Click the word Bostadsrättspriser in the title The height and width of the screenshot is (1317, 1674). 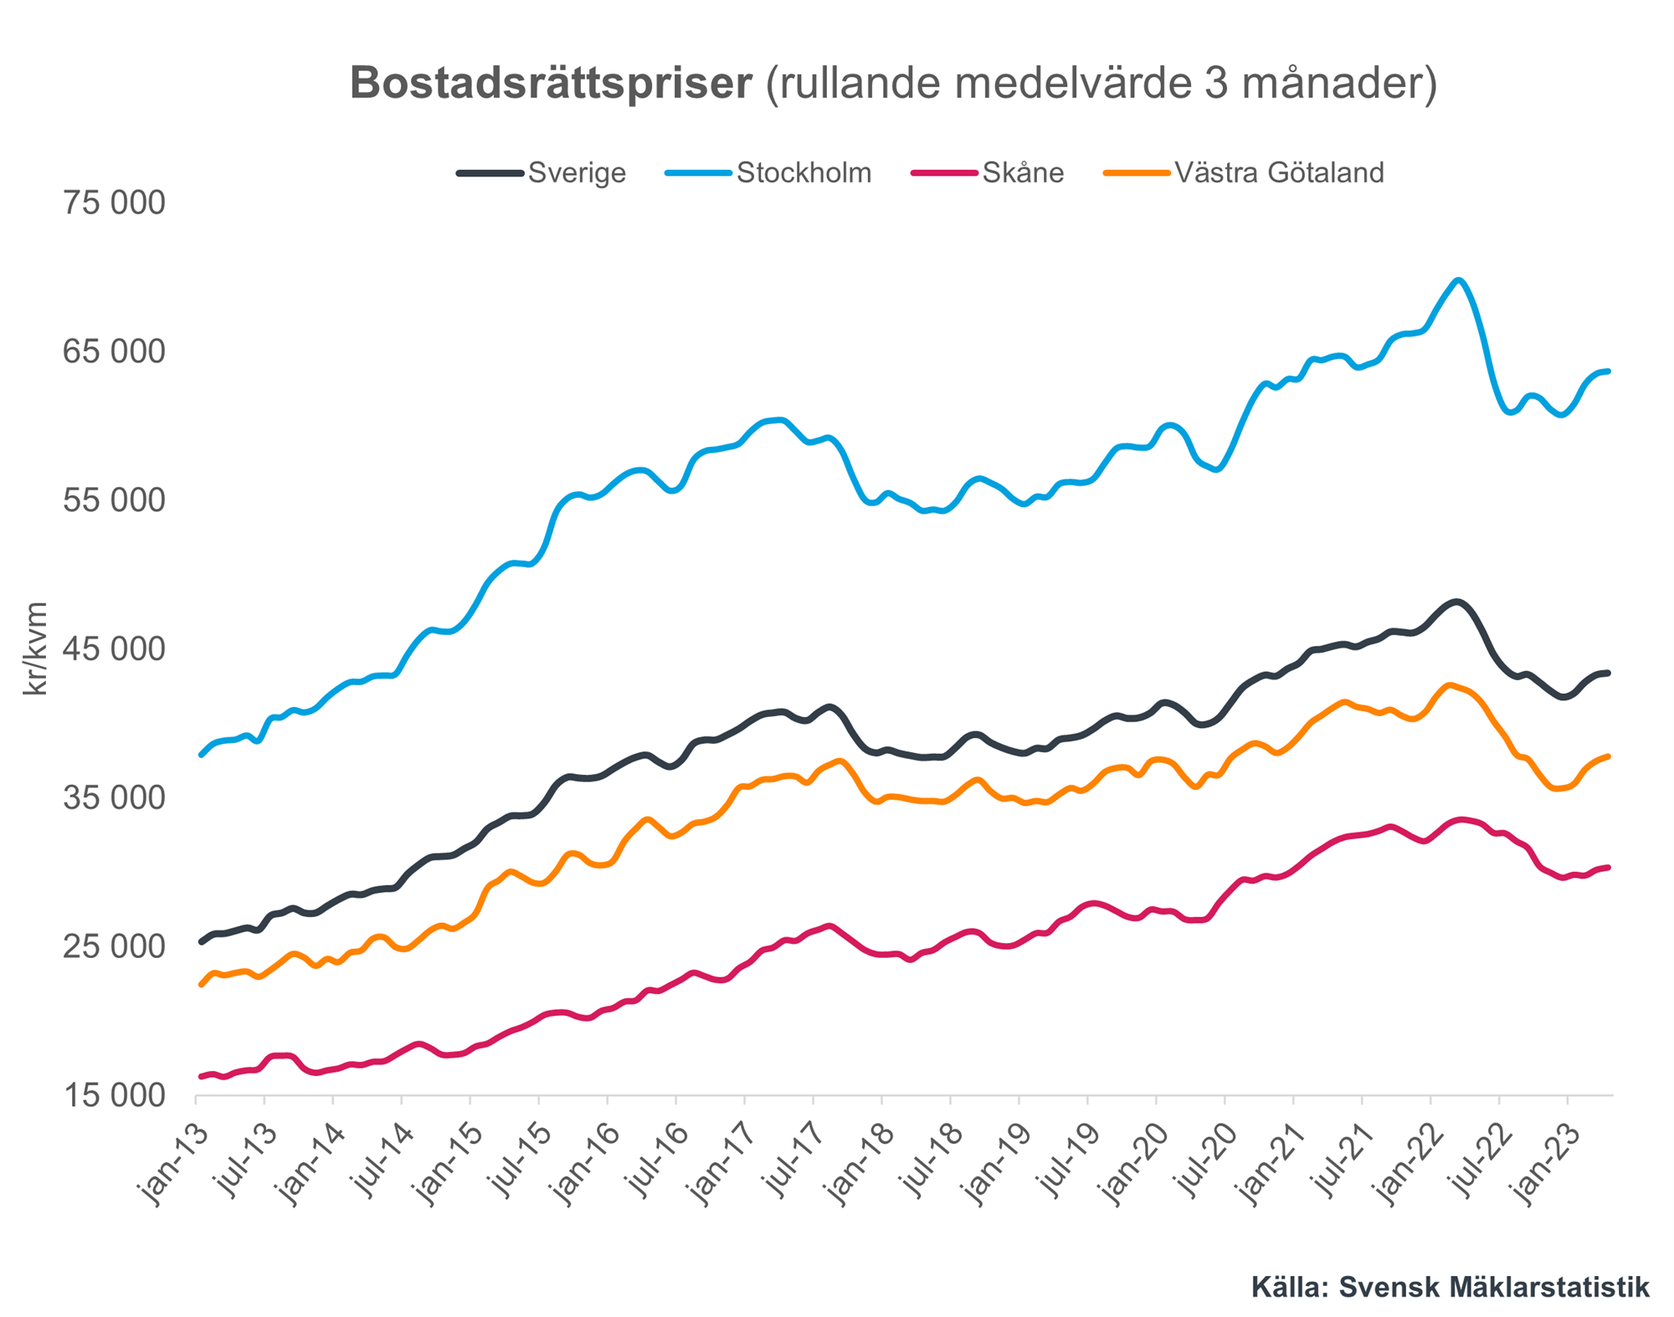(x=551, y=84)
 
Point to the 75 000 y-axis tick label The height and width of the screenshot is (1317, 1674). (x=114, y=203)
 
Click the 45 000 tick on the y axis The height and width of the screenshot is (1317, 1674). (x=114, y=649)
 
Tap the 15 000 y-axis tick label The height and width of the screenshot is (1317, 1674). (x=114, y=1095)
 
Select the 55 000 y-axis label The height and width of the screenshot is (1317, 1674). (x=114, y=500)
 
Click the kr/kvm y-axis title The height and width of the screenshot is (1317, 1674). (x=35, y=649)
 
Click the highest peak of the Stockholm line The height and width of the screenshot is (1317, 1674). (x=1458, y=280)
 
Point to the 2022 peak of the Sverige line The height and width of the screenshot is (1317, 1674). (x=1456, y=602)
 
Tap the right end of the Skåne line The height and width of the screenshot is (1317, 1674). (x=1609, y=868)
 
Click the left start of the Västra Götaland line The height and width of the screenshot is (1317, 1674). (x=201, y=985)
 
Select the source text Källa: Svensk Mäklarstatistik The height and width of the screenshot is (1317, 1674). (x=1450, y=1287)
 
